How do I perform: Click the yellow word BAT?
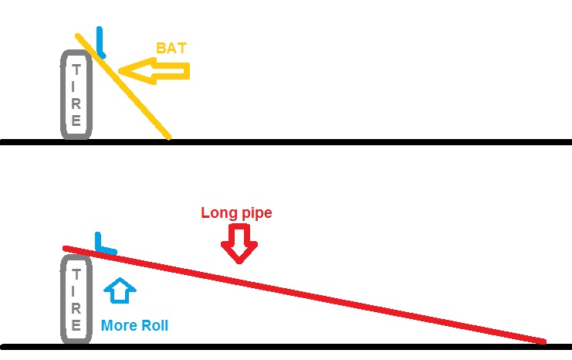(x=171, y=48)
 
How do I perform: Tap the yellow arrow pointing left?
(x=154, y=71)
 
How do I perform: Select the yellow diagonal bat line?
(x=123, y=87)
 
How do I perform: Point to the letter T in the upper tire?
(x=76, y=70)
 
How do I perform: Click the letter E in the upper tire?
(x=76, y=120)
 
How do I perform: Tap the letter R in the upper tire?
(x=76, y=104)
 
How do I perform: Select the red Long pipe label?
(x=236, y=213)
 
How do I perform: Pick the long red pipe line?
(x=304, y=294)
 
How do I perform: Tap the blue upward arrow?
(x=120, y=290)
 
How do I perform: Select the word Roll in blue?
(x=154, y=325)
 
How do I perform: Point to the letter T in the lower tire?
(x=76, y=274)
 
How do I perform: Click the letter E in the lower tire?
(x=76, y=324)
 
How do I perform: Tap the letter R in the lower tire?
(x=76, y=308)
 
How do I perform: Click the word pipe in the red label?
(x=256, y=213)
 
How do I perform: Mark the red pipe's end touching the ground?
(x=543, y=341)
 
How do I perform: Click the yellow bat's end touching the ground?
(x=169, y=138)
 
